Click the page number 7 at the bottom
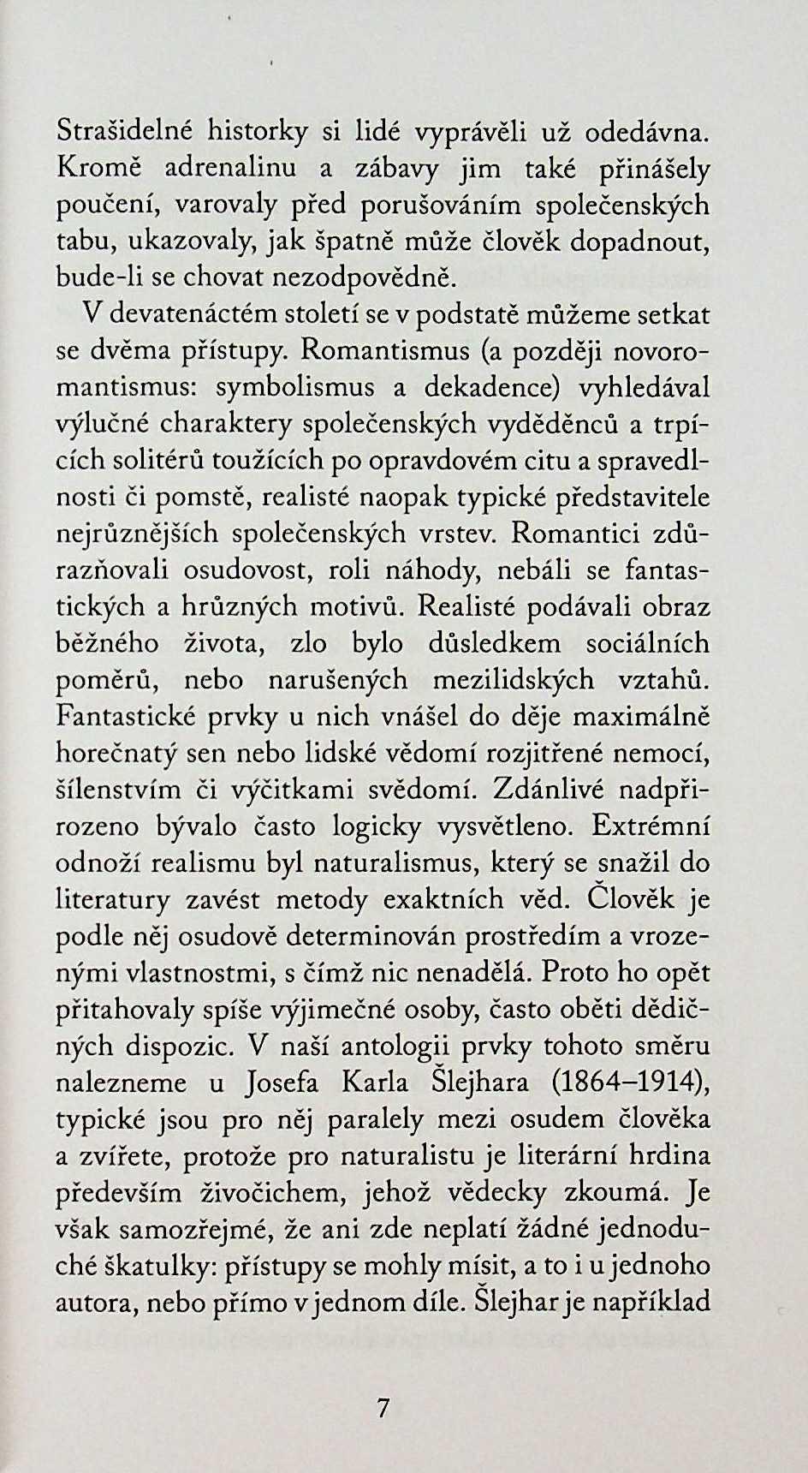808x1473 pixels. [383, 1409]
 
